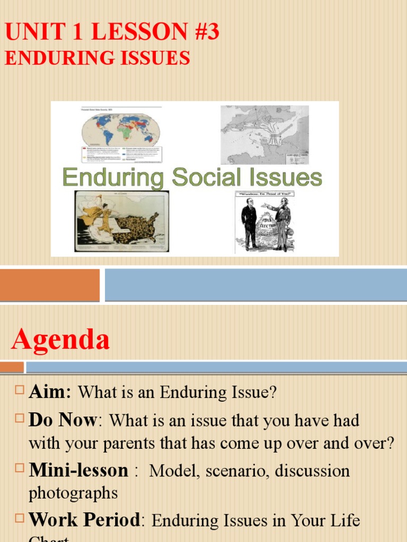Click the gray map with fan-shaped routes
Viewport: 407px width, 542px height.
[x=264, y=134]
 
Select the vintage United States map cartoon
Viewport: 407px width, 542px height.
[x=121, y=221]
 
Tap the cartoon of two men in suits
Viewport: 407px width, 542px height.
[x=264, y=221]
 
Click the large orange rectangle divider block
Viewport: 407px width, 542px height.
[x=49, y=285]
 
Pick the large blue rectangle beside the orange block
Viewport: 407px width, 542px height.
[x=255, y=285]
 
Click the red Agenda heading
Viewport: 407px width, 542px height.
[x=60, y=339]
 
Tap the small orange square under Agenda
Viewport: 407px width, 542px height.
[x=12, y=367]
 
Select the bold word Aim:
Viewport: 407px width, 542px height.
[x=50, y=392]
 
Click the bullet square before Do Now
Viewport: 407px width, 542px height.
[x=20, y=419]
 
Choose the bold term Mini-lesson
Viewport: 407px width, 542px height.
[x=78, y=470]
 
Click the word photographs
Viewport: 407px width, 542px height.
[x=73, y=493]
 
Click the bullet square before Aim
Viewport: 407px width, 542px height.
[x=20, y=391]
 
